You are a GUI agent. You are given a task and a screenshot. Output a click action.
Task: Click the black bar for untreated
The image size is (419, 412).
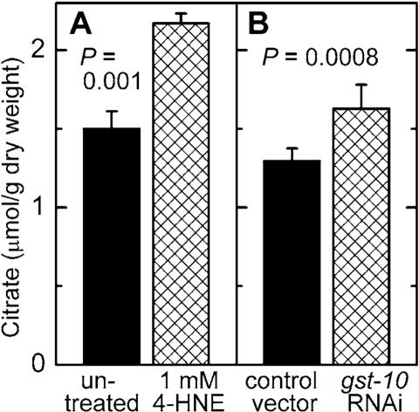point(111,245)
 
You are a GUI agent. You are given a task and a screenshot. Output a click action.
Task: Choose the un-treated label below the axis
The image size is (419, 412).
point(109,393)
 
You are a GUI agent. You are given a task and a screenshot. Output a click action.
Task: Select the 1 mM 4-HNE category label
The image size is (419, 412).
point(182,393)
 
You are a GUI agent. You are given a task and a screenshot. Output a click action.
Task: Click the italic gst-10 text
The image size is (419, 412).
point(360,382)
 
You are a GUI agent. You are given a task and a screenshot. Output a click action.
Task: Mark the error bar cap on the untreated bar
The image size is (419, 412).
point(111,112)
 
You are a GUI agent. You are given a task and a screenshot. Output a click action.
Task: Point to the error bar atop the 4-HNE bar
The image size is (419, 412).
point(182,15)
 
